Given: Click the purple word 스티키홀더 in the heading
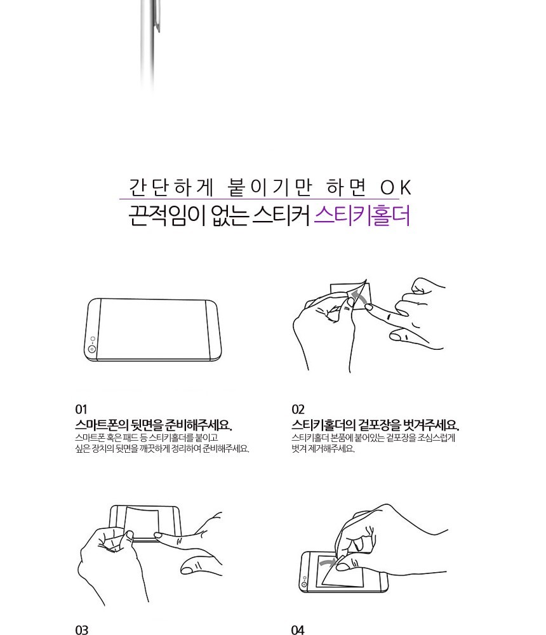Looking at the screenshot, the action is pyautogui.click(x=362, y=215).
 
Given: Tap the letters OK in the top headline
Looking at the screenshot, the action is pyautogui.click(x=396, y=187).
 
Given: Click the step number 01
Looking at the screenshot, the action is pyautogui.click(x=81, y=410).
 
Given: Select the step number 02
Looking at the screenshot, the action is pyautogui.click(x=298, y=410).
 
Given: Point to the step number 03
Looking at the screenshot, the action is pyautogui.click(x=81, y=630).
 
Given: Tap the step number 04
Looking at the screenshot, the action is pyautogui.click(x=298, y=630).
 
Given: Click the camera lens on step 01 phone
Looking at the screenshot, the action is pyautogui.click(x=92, y=349).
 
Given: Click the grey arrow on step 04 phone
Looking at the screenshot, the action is pyautogui.click(x=327, y=562).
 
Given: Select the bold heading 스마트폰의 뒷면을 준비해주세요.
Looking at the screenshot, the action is pyautogui.click(x=154, y=425).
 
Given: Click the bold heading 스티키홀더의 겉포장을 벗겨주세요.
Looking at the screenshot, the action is pyautogui.click(x=375, y=425).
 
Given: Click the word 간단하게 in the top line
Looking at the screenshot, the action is pyautogui.click(x=171, y=187).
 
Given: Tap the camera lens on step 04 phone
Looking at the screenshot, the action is pyautogui.click(x=304, y=585).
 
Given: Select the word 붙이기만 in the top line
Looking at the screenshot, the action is pyautogui.click(x=270, y=187).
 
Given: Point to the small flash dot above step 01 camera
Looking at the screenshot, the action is pyautogui.click(x=93, y=338).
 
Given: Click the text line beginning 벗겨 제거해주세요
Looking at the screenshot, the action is pyautogui.click(x=323, y=449).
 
